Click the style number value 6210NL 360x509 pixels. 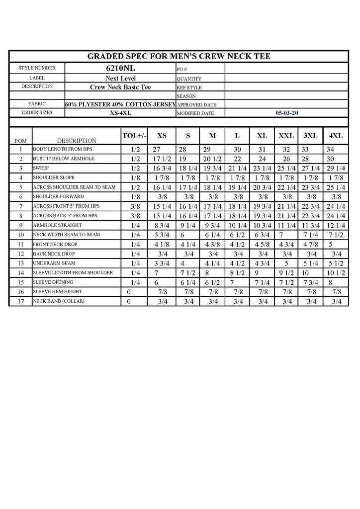(x=120, y=69)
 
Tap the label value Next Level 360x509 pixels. (x=120, y=79)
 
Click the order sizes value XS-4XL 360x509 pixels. (x=120, y=113)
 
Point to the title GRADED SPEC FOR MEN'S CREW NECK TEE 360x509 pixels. (x=179, y=56)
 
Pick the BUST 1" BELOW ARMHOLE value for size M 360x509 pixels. (x=212, y=159)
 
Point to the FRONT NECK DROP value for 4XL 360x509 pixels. (x=330, y=245)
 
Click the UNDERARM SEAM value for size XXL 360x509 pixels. (x=286, y=263)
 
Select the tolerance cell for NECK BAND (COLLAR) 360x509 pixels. (x=129, y=302)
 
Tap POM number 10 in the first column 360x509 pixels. (x=21, y=235)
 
